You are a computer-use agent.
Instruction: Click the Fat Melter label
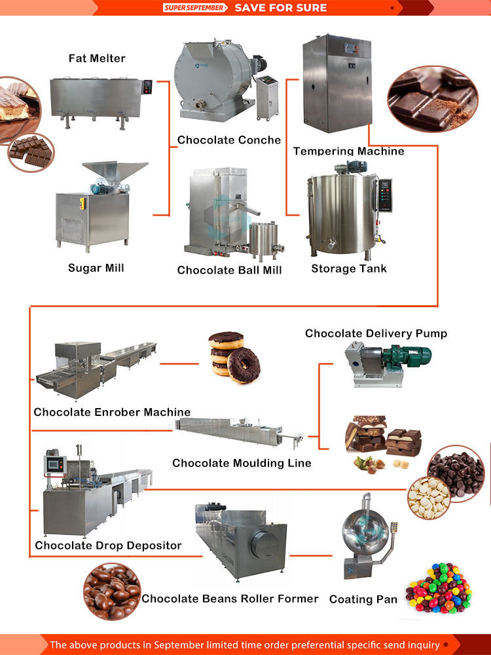point(97,58)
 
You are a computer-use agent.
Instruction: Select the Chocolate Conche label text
point(228,140)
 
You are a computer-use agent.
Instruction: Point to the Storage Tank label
point(348,269)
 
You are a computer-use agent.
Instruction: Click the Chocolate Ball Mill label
point(229,270)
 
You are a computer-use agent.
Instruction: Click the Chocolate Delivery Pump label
point(376,333)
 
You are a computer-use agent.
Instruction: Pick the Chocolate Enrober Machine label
point(112,412)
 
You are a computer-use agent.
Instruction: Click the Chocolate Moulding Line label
point(242,463)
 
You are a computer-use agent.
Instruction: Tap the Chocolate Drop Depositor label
point(108,545)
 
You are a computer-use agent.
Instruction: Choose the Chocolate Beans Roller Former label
point(230,599)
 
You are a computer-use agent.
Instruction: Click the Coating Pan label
point(363,599)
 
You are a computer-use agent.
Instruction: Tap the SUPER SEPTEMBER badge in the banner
point(195,8)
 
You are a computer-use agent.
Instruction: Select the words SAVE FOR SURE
point(280,8)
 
